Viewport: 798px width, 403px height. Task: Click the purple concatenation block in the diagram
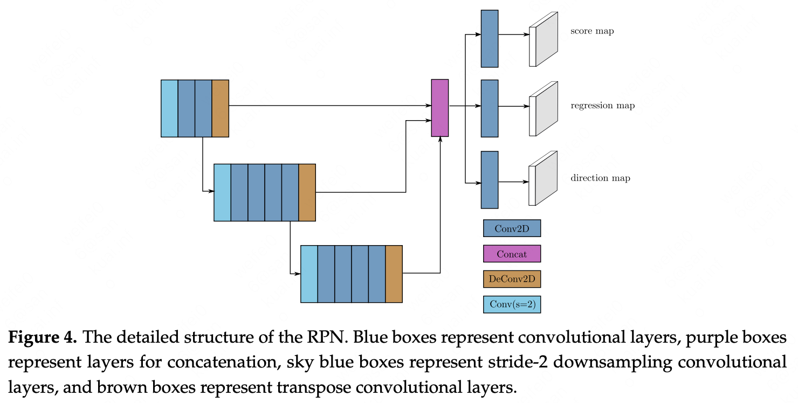(x=440, y=108)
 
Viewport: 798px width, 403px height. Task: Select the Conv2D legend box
(x=512, y=228)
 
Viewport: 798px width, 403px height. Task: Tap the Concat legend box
(x=512, y=253)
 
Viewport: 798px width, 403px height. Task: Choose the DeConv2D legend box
(x=512, y=279)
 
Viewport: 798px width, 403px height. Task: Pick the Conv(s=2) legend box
(x=512, y=304)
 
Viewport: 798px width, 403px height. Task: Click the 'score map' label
(x=592, y=31)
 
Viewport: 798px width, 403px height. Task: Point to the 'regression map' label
(x=603, y=106)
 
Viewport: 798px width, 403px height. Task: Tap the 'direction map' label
(x=600, y=178)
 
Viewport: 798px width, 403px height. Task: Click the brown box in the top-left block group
(x=221, y=108)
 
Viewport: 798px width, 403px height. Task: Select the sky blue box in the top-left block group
(x=169, y=108)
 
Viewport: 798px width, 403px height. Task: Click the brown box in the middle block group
(x=307, y=192)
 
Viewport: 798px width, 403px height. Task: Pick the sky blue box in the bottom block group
(x=309, y=274)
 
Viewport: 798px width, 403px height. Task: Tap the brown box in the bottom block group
(x=394, y=274)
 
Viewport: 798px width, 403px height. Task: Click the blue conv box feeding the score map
(x=490, y=38)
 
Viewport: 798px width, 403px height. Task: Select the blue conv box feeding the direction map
(x=490, y=180)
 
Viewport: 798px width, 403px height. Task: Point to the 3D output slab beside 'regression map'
(x=544, y=109)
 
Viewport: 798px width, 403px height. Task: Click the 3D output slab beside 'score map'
(x=544, y=39)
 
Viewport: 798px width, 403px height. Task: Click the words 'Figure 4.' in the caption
(x=43, y=337)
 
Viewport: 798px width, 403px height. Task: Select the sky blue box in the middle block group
(x=222, y=192)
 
